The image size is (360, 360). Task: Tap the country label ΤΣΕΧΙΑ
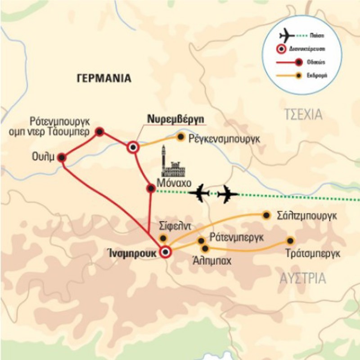[x=303, y=115]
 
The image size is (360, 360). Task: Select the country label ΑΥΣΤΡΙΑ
[x=303, y=279]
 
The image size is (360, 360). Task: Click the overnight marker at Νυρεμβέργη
[x=133, y=147]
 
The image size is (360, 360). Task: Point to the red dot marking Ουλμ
[x=62, y=157]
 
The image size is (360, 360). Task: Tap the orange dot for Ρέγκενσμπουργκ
[x=181, y=136]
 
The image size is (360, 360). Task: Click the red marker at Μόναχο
[x=151, y=188]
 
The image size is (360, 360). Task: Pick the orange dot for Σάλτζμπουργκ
[x=266, y=215]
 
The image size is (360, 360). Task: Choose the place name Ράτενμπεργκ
[x=236, y=238]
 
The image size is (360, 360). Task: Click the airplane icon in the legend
[x=287, y=34]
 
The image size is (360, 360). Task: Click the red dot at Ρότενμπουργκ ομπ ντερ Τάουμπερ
[x=100, y=131]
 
